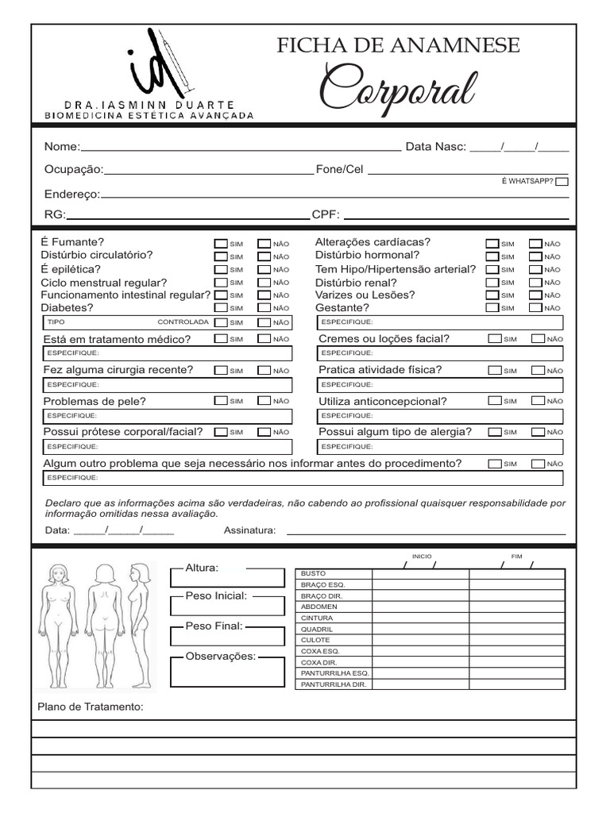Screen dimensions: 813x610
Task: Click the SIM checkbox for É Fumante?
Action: tap(221, 244)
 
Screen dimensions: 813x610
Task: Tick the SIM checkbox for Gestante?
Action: tap(492, 307)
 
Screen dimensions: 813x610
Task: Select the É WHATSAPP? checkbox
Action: tap(562, 182)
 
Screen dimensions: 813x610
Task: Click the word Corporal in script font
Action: tap(398, 89)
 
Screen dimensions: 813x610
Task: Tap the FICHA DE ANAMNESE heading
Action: tap(398, 46)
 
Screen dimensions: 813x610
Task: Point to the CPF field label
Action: tap(326, 214)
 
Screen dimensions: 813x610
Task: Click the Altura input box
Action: tap(227, 578)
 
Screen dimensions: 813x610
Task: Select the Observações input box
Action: tap(227, 673)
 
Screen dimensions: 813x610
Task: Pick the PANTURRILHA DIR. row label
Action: tap(334, 684)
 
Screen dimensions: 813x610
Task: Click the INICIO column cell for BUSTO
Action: tap(420, 574)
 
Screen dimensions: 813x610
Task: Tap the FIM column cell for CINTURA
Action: tap(516, 618)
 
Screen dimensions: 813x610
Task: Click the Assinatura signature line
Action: tap(426, 533)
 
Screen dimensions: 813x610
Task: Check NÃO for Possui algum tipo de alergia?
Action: tap(538, 432)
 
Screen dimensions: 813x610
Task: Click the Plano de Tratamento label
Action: tap(91, 707)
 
